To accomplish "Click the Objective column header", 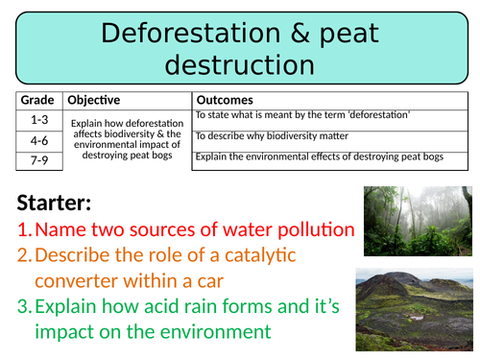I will pos(94,101).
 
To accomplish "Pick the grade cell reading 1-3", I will pos(38,119).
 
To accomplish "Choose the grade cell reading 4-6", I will pos(38,139).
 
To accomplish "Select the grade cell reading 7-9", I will pos(38,160).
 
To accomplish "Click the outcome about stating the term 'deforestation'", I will pos(302,115).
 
